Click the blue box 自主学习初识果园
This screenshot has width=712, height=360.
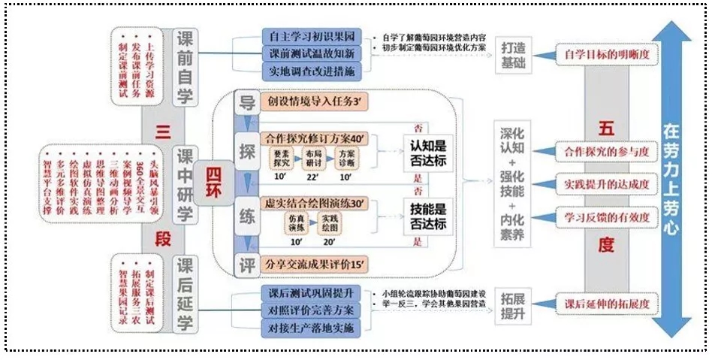[311, 36]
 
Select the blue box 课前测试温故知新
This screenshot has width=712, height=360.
[311, 53]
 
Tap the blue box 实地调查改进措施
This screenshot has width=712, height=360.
[311, 71]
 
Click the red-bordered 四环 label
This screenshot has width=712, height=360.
[210, 180]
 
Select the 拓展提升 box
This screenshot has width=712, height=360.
[514, 309]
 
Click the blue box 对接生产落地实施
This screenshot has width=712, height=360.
[311, 328]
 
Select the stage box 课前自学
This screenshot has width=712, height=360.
[185, 68]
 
